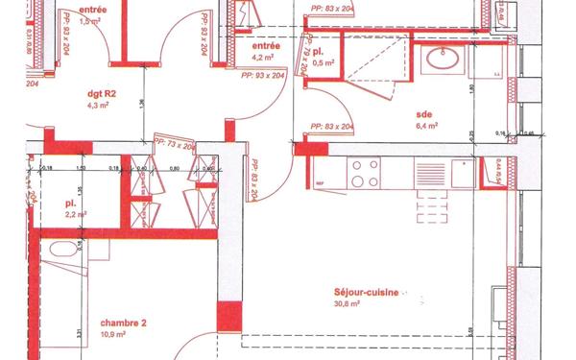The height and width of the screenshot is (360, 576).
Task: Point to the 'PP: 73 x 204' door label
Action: click(175, 145)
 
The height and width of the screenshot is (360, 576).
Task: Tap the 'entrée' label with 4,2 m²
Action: click(265, 45)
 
